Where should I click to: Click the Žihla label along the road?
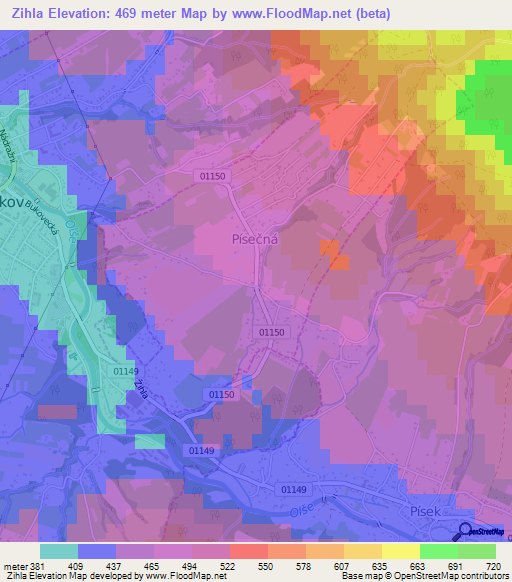click(141, 388)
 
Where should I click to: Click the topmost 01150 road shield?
click(213, 176)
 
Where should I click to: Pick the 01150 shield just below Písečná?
click(272, 332)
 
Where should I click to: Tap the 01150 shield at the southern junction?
click(223, 396)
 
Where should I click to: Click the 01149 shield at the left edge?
click(124, 371)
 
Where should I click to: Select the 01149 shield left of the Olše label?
click(294, 489)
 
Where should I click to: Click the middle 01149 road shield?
click(201, 451)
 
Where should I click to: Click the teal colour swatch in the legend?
click(59, 551)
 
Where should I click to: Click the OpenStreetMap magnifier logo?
click(466, 532)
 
